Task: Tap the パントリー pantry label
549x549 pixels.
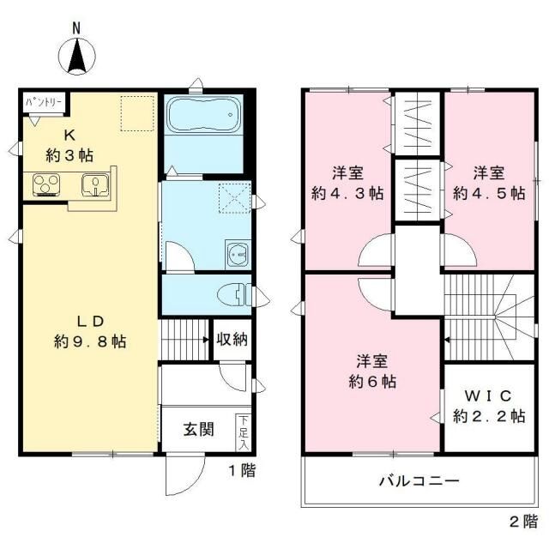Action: [x=44, y=102]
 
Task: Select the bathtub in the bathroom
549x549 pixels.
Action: [x=204, y=114]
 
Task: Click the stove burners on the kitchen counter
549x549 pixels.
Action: [x=45, y=184]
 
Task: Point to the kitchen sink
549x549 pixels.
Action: [x=95, y=184]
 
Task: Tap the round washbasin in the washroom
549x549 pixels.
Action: [x=237, y=255]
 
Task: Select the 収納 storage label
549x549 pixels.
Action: [x=232, y=340]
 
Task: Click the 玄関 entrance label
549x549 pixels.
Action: [x=198, y=429]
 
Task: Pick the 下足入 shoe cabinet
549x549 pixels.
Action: [x=244, y=432]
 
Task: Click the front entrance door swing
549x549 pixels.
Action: [x=185, y=474]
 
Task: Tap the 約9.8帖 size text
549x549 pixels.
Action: [x=90, y=341]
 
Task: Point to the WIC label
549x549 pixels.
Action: [x=488, y=396]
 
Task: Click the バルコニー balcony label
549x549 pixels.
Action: [x=419, y=480]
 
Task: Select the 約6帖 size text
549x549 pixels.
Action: [x=372, y=381]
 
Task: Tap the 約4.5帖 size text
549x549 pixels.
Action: [x=489, y=193]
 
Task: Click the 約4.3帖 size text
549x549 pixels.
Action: [x=347, y=193]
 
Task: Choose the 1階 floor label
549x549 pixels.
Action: [x=242, y=470]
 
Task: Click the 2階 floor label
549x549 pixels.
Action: [x=524, y=522]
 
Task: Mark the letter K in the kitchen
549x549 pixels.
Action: [x=69, y=136]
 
